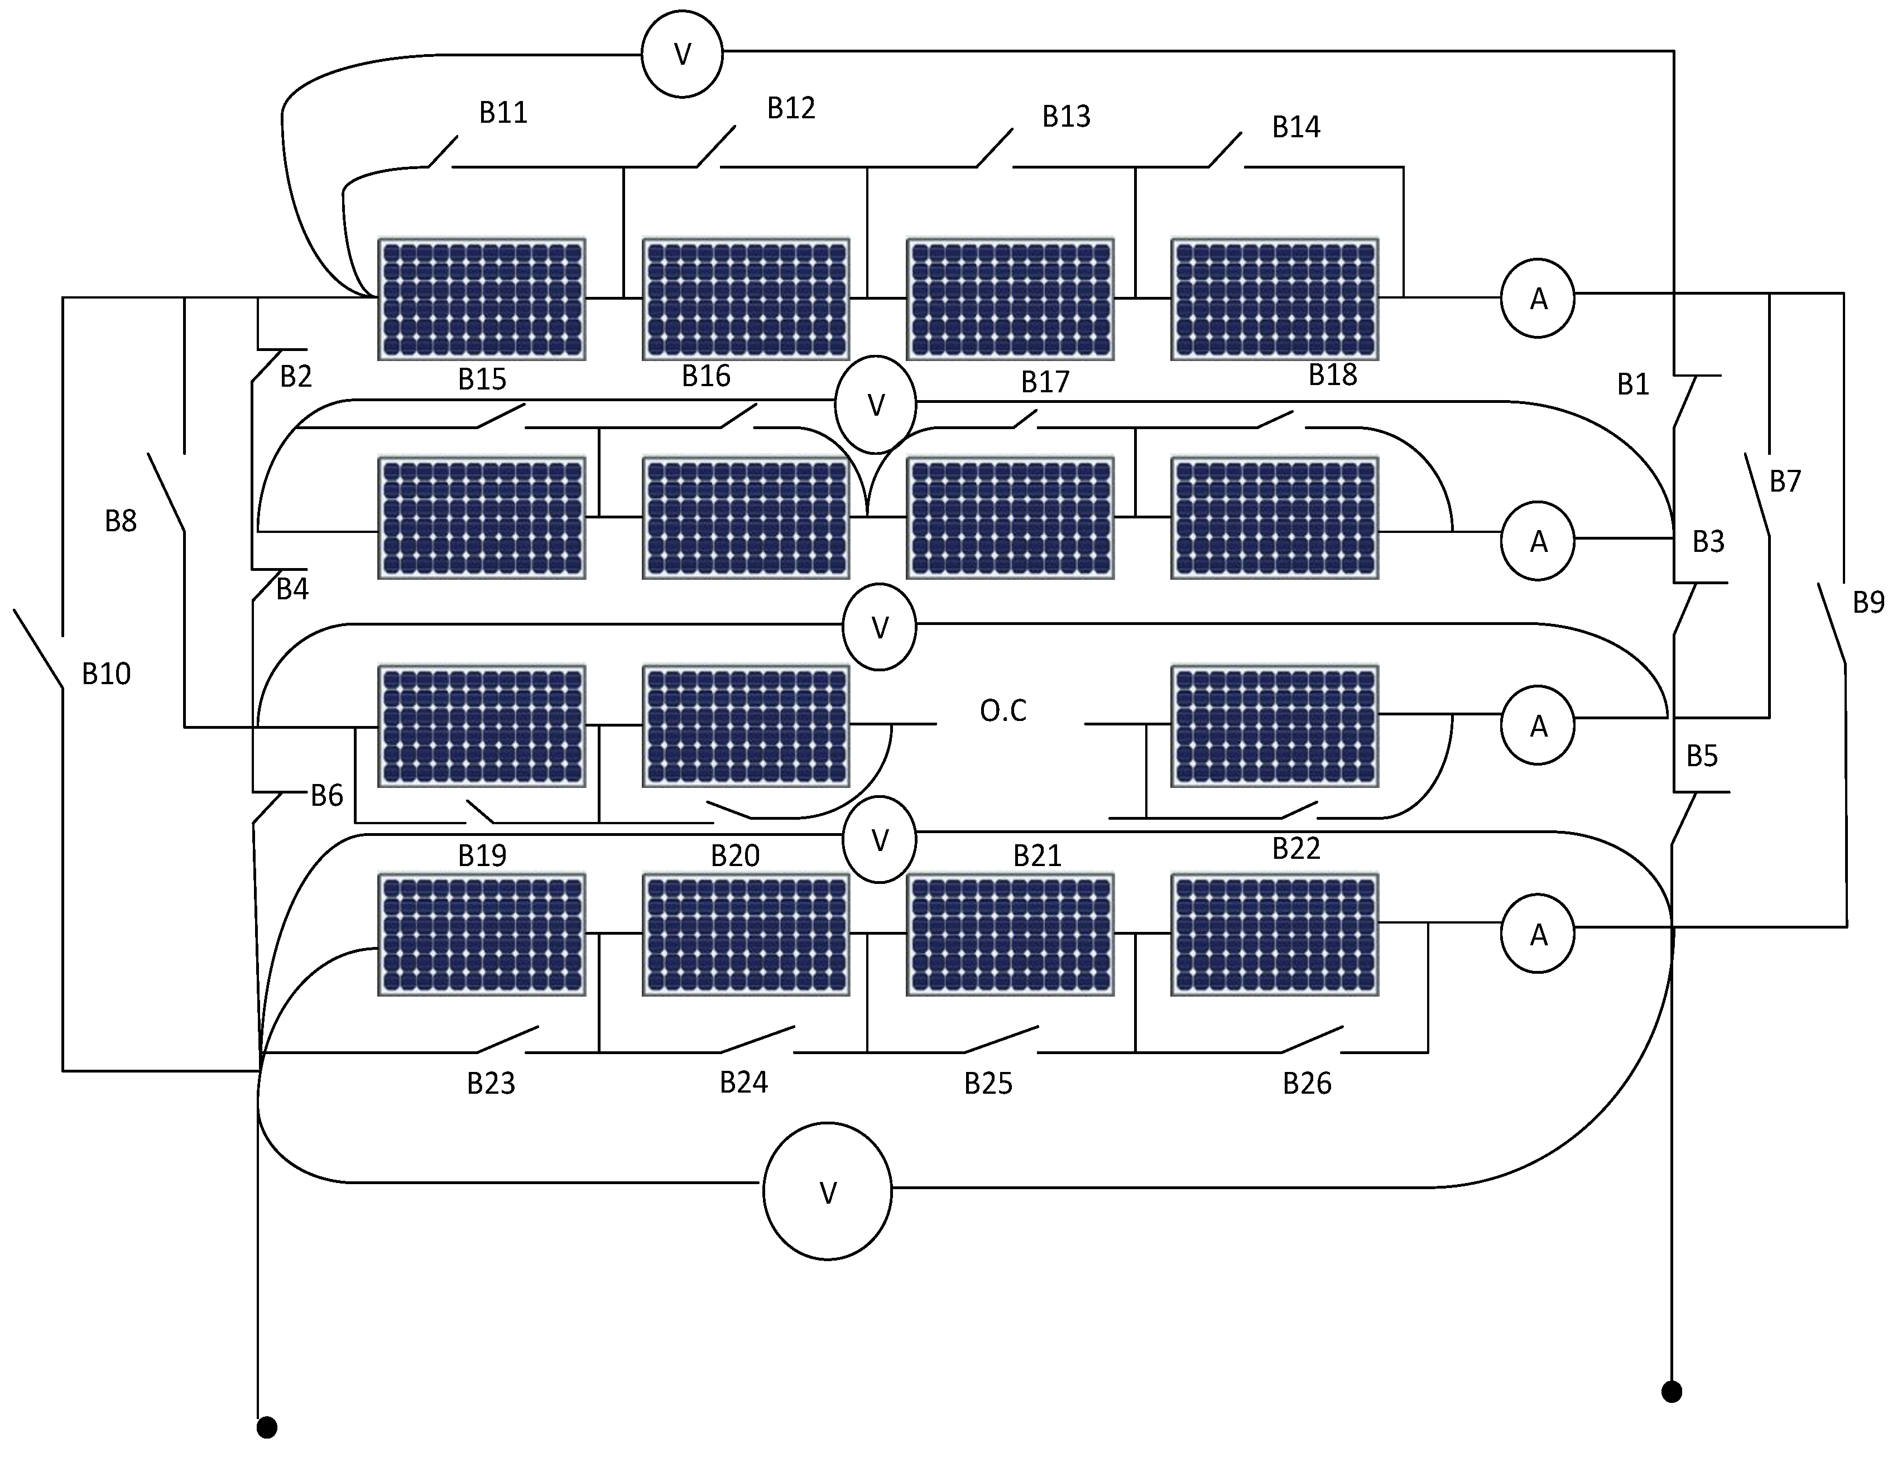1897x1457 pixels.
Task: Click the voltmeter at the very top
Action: click(682, 54)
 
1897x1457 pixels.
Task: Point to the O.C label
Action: click(1003, 711)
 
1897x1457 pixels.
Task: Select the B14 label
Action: click(1296, 127)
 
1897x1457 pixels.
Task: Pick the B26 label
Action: click(1307, 1083)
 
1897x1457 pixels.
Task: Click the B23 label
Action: click(491, 1083)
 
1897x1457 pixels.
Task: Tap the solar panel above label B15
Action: click(482, 299)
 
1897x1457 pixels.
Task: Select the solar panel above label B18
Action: click(1274, 299)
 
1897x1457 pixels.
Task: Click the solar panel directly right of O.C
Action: click(1274, 726)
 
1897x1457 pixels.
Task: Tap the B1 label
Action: click(1632, 384)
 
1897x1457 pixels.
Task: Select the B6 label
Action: click(327, 795)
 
